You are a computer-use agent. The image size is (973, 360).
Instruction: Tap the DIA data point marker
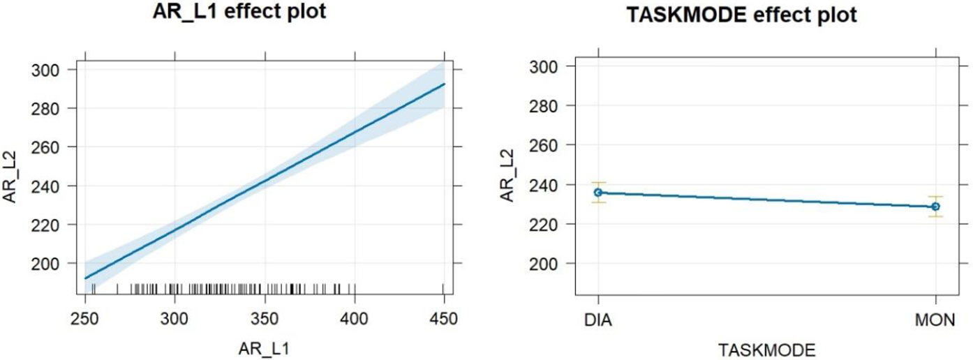click(598, 192)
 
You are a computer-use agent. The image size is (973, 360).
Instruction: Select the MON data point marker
click(935, 207)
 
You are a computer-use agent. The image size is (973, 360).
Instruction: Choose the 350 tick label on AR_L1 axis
click(265, 319)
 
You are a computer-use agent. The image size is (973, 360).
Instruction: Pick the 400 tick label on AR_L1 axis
click(355, 319)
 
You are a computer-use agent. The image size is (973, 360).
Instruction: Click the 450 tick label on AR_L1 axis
click(444, 319)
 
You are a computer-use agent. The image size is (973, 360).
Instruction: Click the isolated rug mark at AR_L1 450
click(444, 289)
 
